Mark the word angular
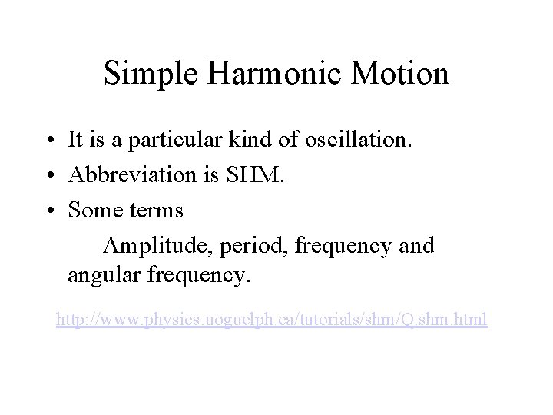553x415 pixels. [x=100, y=275]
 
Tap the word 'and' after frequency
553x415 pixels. [x=417, y=245]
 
